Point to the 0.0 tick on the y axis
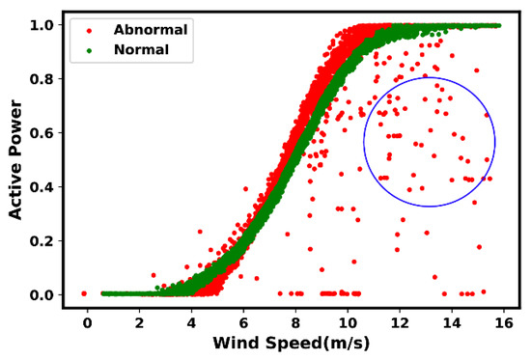(x=44, y=294)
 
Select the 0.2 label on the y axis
(x=44, y=240)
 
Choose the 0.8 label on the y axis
(x=44, y=78)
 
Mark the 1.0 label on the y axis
(x=44, y=24)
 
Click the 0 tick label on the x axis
(x=87, y=321)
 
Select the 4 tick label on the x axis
(x=191, y=321)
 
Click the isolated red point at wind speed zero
(x=84, y=293)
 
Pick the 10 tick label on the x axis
(x=347, y=321)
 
